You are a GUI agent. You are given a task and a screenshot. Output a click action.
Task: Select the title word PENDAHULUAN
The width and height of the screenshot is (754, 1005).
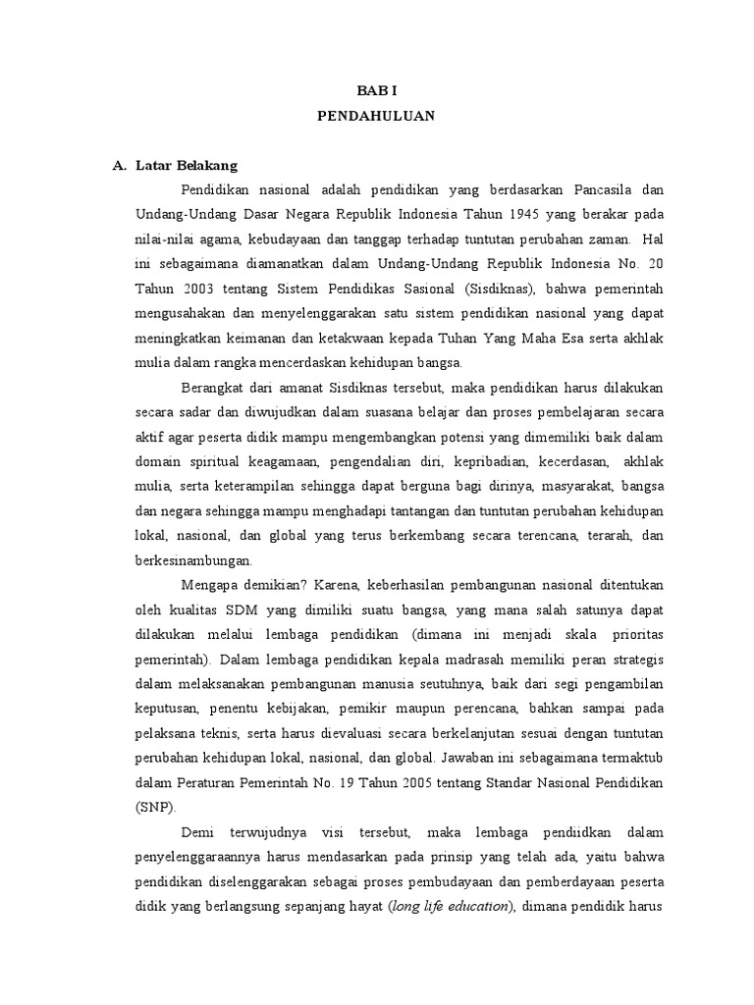[376, 116]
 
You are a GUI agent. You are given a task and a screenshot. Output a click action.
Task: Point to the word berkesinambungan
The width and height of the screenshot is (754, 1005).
[193, 561]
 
